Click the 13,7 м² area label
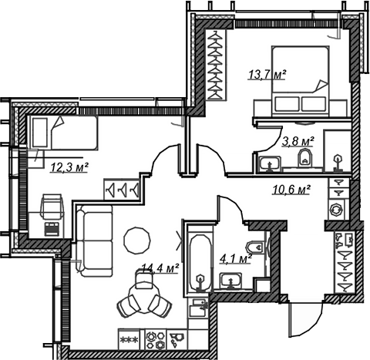point(267,75)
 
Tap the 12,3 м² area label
point(69,167)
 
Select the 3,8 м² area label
point(298,142)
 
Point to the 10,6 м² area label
point(291,190)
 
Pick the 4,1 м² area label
point(235,259)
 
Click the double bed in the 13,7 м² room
point(301,81)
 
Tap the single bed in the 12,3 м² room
point(64,133)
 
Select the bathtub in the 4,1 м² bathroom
point(200,263)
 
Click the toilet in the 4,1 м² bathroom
point(255,247)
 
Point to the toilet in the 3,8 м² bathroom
point(304,157)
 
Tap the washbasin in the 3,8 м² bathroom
point(270,163)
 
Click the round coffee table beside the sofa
point(137,240)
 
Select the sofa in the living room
point(95,241)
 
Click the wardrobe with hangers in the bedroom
point(215,65)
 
